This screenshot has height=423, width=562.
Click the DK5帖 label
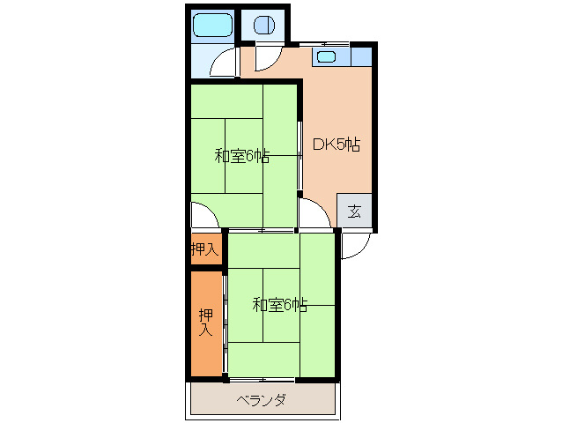click(336, 143)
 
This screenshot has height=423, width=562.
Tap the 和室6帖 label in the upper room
click(242, 157)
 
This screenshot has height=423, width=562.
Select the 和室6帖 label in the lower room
click(280, 306)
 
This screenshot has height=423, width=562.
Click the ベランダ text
click(262, 400)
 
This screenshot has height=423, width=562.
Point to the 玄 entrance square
click(354, 211)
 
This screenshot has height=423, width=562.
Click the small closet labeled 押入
click(204, 249)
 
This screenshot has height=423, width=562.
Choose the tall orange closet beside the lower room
click(205, 323)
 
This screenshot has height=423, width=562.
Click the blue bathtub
click(211, 26)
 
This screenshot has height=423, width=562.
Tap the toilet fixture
click(263, 26)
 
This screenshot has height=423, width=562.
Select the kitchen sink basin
click(326, 58)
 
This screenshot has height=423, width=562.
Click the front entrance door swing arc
click(351, 247)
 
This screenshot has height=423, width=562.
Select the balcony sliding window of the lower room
click(262, 379)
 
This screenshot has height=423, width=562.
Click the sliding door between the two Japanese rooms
click(262, 230)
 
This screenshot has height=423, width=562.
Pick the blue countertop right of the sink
click(360, 57)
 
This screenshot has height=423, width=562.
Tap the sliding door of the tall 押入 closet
click(224, 323)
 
